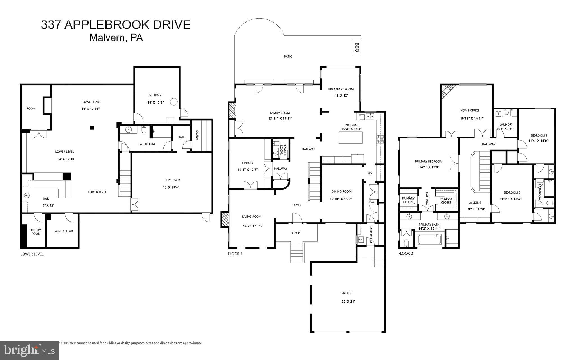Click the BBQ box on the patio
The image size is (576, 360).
tap(357, 47)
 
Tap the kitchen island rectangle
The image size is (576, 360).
tap(350, 138)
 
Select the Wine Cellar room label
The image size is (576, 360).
tap(64, 231)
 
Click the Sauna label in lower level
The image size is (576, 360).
tap(197, 135)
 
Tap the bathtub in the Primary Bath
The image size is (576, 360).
tap(429, 240)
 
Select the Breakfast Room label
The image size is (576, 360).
tap(341, 89)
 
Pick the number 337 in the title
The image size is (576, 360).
tap(51, 25)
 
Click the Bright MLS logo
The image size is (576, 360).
tap(29, 350)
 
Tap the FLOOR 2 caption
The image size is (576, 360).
tap(406, 254)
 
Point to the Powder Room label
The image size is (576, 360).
tap(283, 149)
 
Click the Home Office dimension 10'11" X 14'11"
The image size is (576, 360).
tap(472, 118)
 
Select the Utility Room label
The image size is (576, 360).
tap(36, 232)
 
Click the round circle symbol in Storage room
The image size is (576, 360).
tap(174, 102)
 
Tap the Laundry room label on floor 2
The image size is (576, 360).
tap(506, 124)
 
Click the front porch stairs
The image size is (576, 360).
tap(297, 253)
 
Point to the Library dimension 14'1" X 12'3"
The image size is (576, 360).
tap(247, 170)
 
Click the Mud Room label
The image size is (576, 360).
tap(371, 235)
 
